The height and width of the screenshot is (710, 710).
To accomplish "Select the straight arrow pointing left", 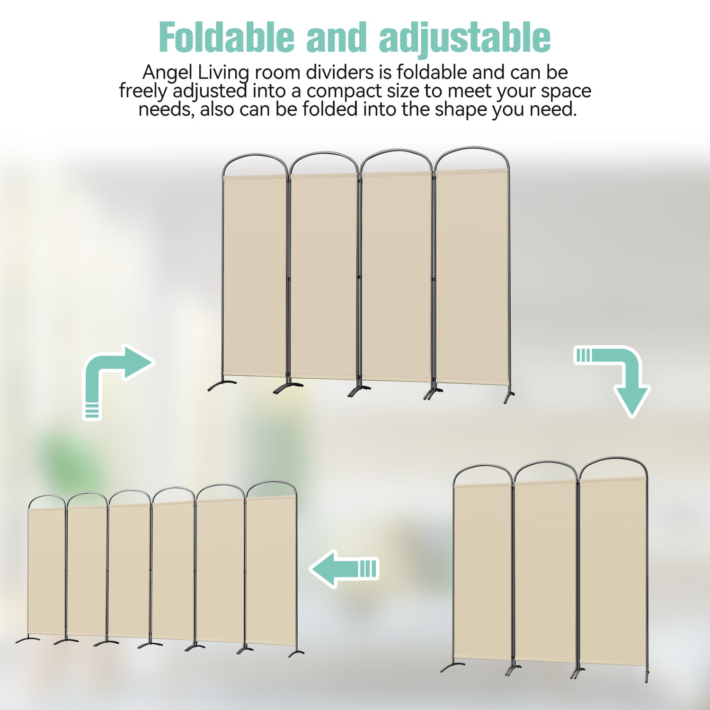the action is coord(344,568).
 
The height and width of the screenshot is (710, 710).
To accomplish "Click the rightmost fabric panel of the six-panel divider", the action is coord(271,570).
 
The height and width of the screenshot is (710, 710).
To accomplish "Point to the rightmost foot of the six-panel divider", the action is coord(297,653).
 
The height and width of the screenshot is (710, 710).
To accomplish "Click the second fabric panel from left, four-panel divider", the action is coord(323,276).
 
